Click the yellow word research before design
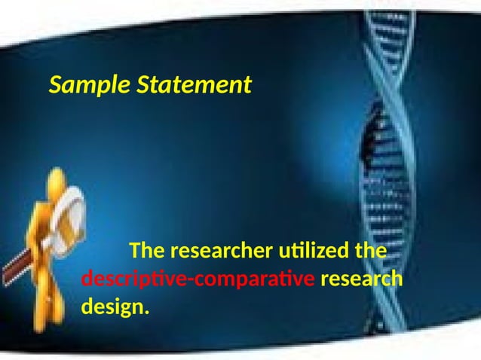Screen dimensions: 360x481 pos(362,279)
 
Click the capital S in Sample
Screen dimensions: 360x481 pos(55,85)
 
